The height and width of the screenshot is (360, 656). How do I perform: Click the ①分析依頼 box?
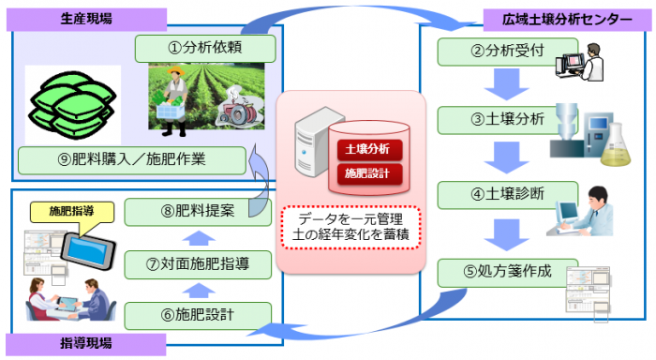(x=204, y=47)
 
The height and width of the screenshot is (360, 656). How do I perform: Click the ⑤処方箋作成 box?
(x=493, y=275)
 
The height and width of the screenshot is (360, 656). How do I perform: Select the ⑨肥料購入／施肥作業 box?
(x=131, y=158)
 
